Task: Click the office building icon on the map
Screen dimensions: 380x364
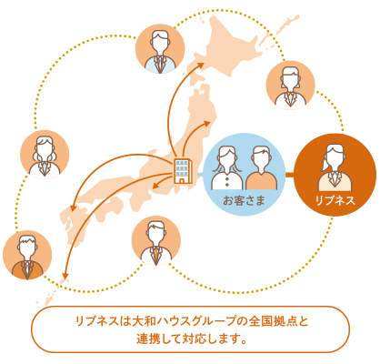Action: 183,171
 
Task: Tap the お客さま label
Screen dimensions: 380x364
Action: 244,200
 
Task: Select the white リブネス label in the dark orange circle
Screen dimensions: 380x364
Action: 335,200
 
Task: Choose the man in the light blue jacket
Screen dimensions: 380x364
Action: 160,52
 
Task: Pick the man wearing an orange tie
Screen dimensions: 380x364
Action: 156,243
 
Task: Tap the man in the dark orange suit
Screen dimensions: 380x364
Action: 27,258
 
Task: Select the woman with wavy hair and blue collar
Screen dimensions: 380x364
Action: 45,157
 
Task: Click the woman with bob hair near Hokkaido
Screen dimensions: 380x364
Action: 291,87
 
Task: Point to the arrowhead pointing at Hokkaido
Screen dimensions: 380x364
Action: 201,65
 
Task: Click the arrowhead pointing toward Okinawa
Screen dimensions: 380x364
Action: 65,275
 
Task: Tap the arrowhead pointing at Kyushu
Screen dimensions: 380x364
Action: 73,208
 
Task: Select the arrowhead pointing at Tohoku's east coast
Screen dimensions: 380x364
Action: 207,123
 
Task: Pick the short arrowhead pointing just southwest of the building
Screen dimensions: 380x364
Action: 155,186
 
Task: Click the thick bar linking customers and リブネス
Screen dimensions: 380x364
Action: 290,175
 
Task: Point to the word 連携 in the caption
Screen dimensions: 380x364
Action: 147,339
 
